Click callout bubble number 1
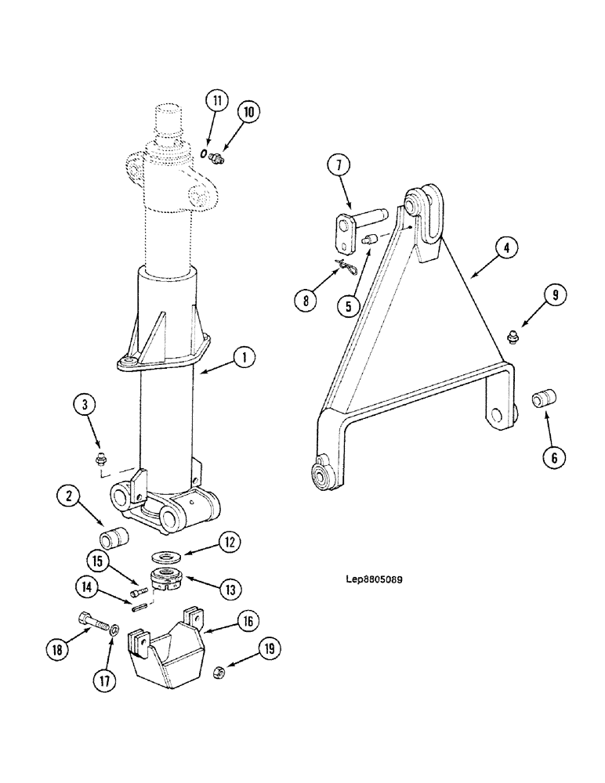(244, 358)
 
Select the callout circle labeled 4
(505, 249)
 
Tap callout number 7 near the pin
(338, 167)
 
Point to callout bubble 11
(217, 100)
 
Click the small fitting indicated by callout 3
(100, 460)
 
